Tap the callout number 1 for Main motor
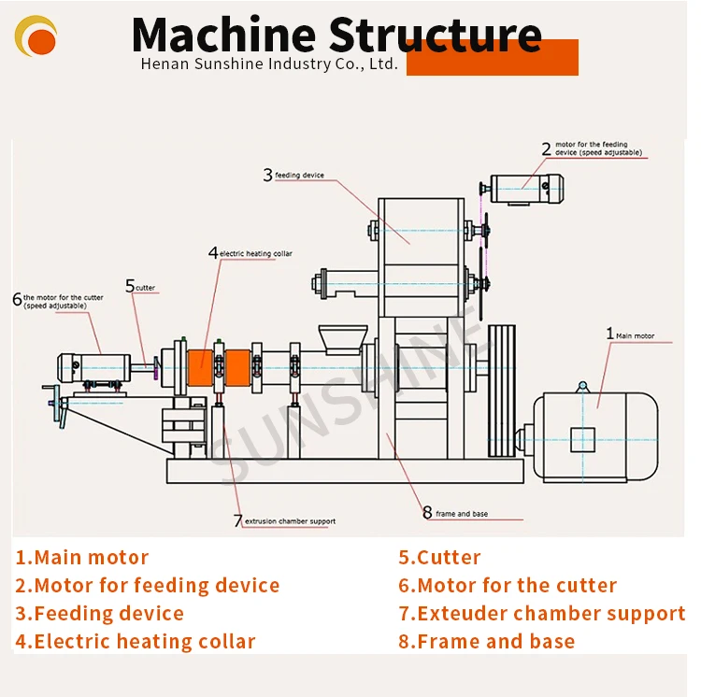pyautogui.click(x=610, y=334)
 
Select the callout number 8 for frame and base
pyautogui.click(x=427, y=513)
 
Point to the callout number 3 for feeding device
pyautogui.click(x=267, y=175)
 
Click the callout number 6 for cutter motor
pyautogui.click(x=17, y=300)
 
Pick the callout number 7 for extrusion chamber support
pyautogui.click(x=237, y=520)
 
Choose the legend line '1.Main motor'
pyautogui.click(x=81, y=558)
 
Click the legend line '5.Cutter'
pyautogui.click(x=439, y=558)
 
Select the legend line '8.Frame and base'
pyautogui.click(x=486, y=641)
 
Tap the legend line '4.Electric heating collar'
pyautogui.click(x=135, y=641)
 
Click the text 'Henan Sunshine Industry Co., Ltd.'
pyautogui.click(x=269, y=64)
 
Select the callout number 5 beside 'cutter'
pyautogui.click(x=130, y=287)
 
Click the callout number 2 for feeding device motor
pyautogui.click(x=547, y=148)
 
